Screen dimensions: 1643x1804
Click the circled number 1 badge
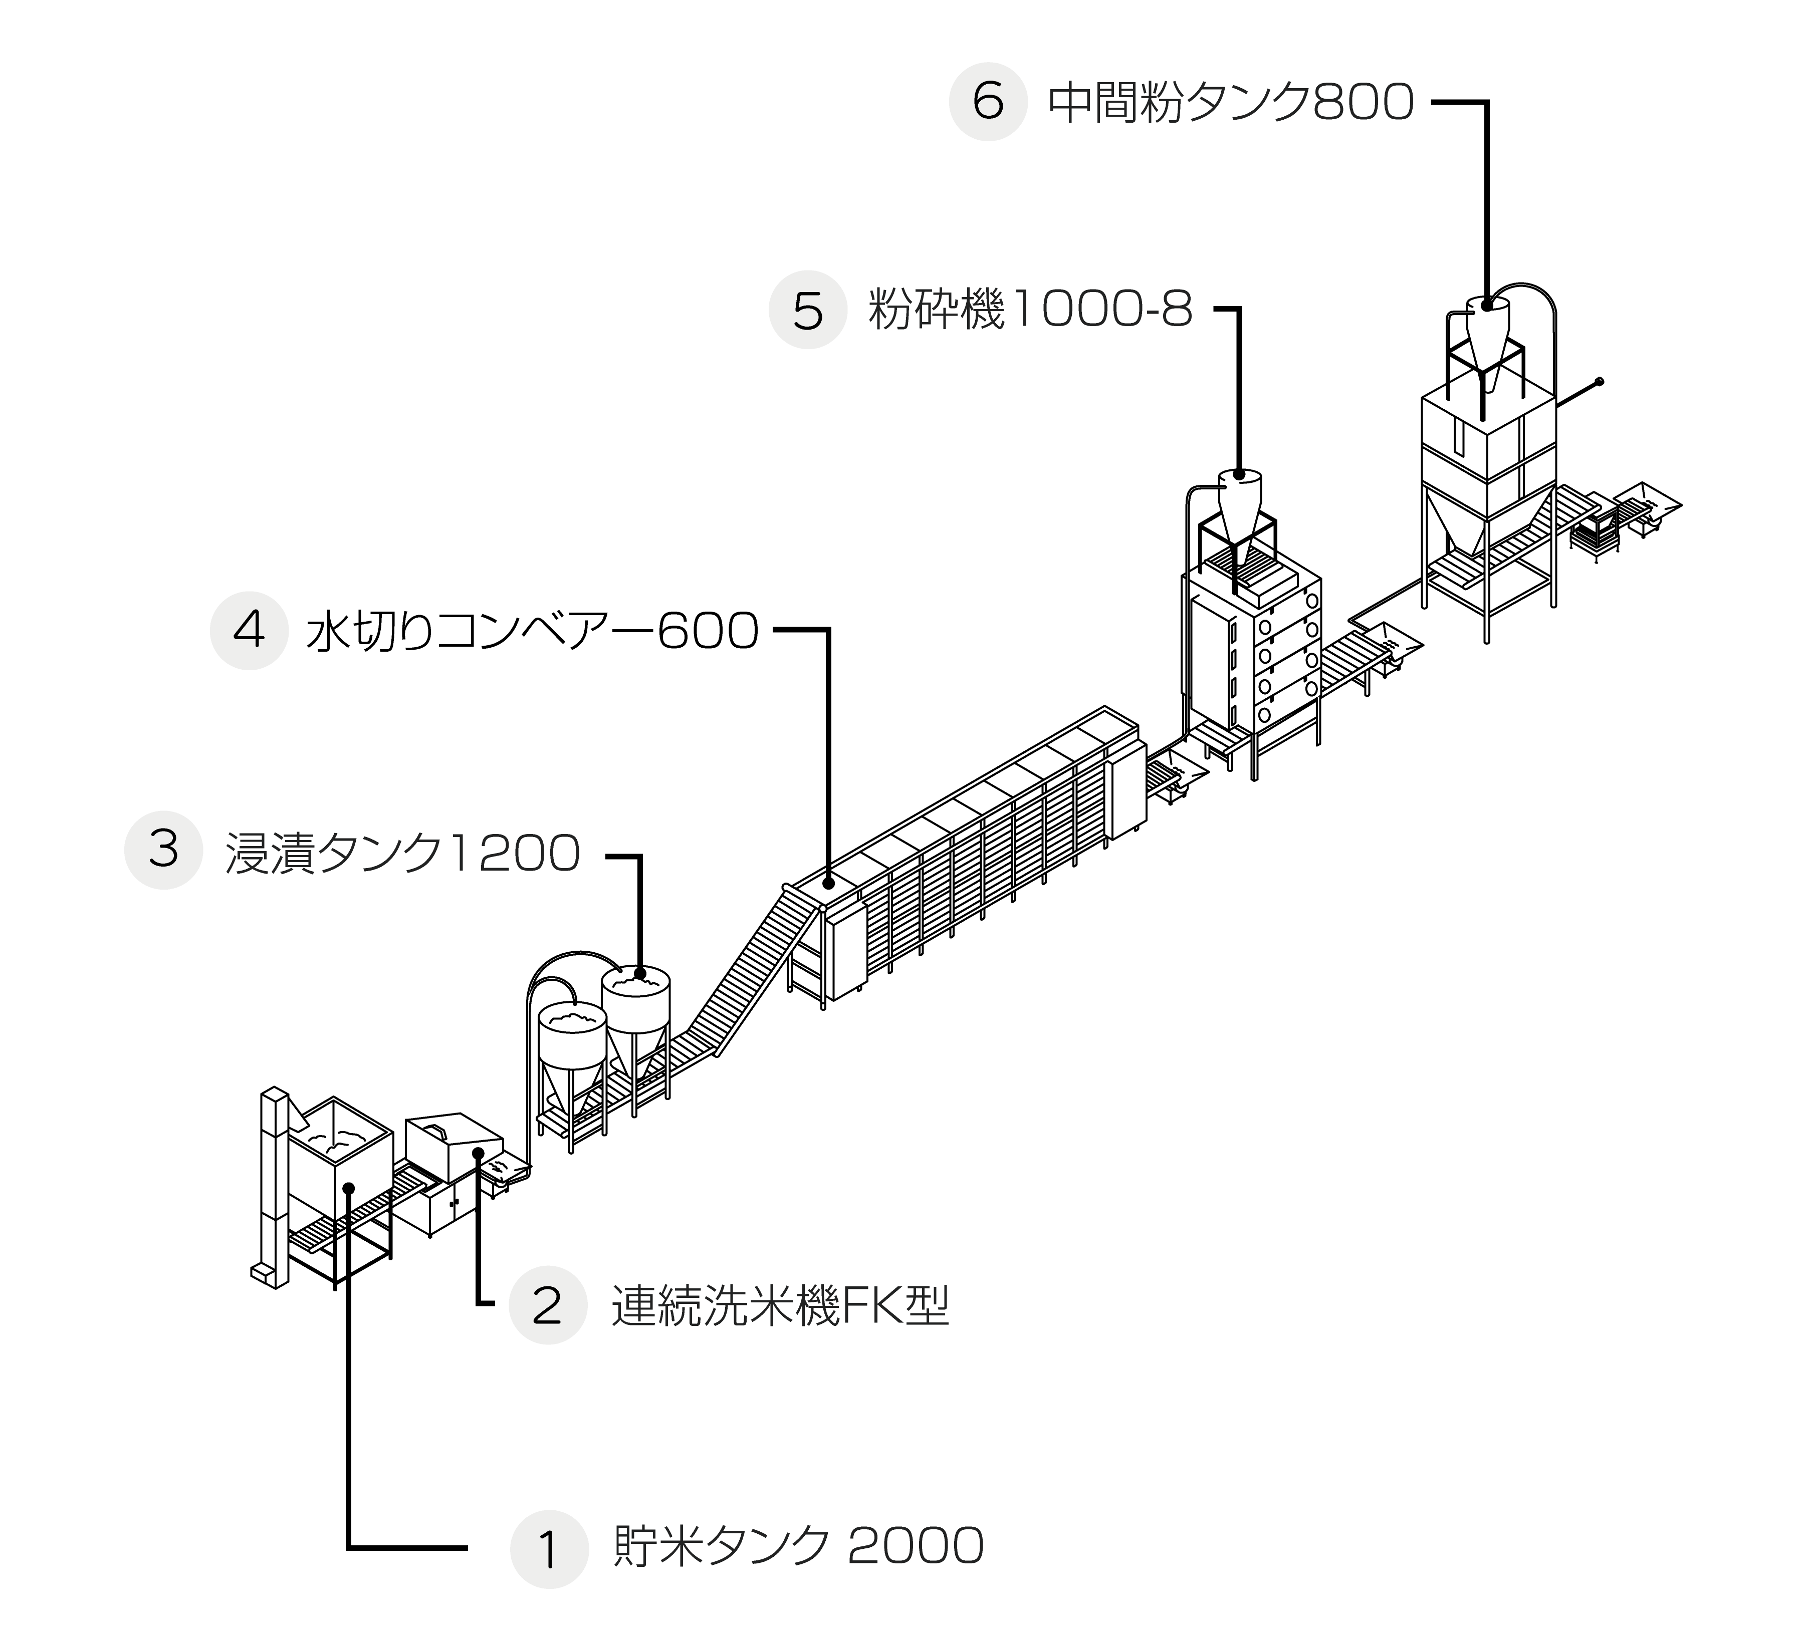click(x=549, y=1550)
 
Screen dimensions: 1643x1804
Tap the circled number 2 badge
click(x=548, y=1306)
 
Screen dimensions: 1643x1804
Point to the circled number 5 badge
click(x=808, y=311)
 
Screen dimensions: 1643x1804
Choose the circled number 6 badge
click(x=988, y=102)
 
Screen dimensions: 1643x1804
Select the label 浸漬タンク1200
click(x=403, y=853)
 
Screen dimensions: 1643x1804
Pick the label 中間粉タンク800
click(x=1230, y=103)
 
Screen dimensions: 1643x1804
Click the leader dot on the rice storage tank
click(x=349, y=1188)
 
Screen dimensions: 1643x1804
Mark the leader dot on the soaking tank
click(x=640, y=973)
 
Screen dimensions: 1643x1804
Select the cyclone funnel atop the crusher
click(x=1239, y=505)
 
